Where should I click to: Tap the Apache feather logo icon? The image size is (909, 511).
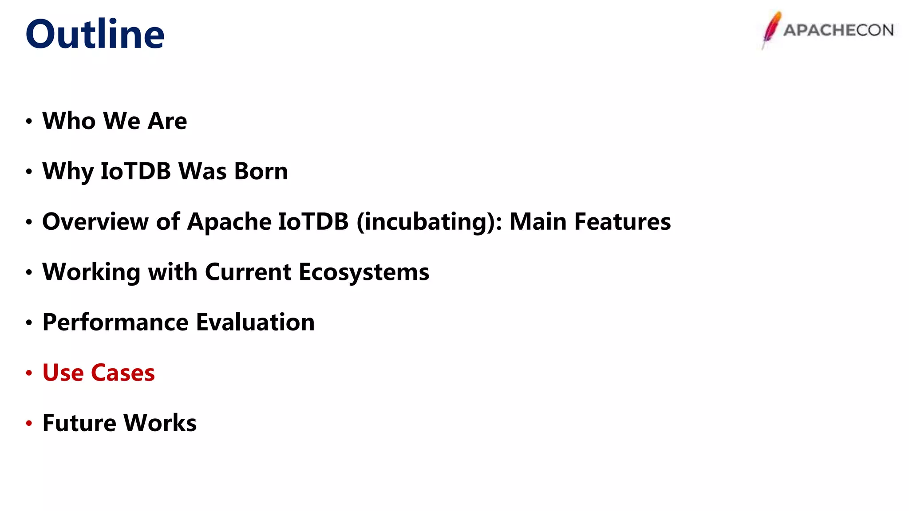[771, 29]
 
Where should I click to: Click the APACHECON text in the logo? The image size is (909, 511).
[838, 30]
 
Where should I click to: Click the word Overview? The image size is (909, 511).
[95, 221]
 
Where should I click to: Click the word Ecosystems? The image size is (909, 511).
[364, 271]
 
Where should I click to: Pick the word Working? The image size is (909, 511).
[91, 271]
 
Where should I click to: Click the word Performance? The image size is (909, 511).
[115, 322]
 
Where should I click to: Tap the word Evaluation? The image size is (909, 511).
[255, 322]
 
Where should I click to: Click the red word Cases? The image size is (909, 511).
[123, 373]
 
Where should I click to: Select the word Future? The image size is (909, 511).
[79, 423]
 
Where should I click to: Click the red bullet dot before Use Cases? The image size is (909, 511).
[29, 373]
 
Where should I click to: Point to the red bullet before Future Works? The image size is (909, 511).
[29, 423]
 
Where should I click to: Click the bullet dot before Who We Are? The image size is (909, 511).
[29, 121]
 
